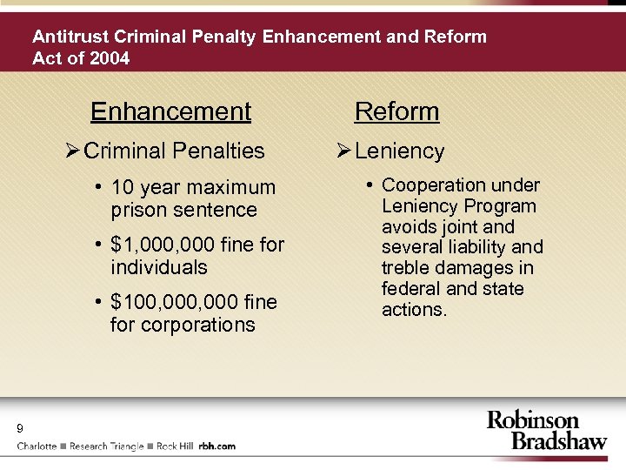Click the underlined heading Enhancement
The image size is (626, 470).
[170, 111]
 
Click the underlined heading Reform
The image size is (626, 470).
[397, 111]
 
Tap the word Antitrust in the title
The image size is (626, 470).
[70, 37]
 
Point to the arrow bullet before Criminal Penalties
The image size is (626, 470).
[73, 151]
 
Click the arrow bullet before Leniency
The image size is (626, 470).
[343, 151]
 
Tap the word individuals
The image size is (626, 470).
[159, 267]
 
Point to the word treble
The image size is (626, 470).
[407, 268]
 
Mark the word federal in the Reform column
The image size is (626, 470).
[408, 289]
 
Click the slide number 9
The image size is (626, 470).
[19, 428]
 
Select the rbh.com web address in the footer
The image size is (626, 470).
[216, 446]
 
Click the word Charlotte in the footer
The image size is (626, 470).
[37, 446]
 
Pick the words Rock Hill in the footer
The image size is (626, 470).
[175, 446]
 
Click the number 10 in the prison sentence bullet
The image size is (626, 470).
[122, 187]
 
